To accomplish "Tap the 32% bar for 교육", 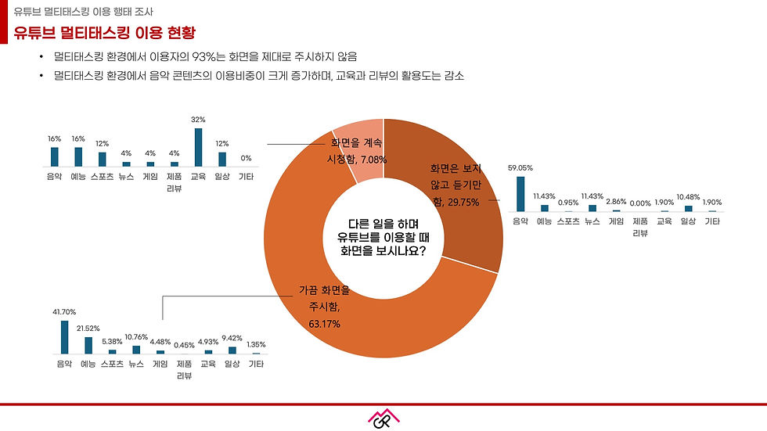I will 198,147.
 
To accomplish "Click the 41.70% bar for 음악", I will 64,337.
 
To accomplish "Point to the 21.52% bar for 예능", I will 88,345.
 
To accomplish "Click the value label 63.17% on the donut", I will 323,323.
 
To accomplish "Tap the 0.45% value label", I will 185,345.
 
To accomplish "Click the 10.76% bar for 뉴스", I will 136,350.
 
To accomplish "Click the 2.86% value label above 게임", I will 616,202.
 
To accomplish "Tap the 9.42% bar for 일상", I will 232,350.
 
